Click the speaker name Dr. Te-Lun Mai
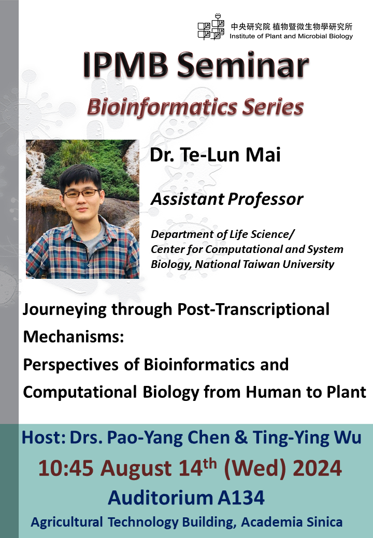(215, 155)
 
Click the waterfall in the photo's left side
(36, 176)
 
